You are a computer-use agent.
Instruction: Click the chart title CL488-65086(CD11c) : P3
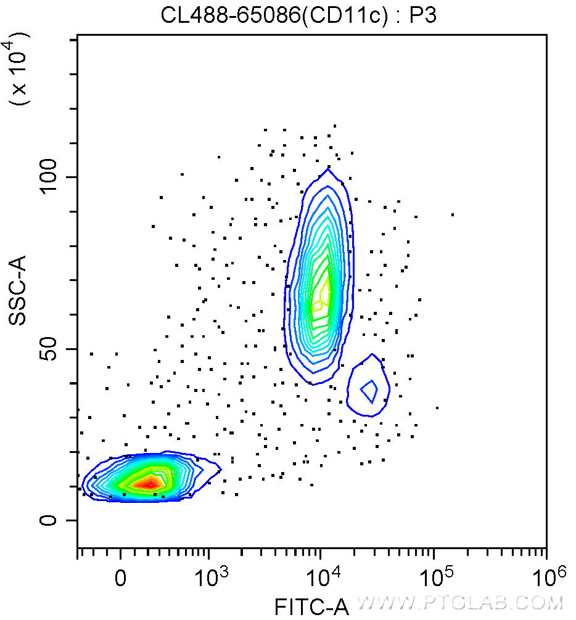tap(299, 15)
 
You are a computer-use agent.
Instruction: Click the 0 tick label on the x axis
tap(121, 579)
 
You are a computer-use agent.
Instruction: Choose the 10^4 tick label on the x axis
tap(321, 577)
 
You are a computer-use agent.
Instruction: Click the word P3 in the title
tap(424, 15)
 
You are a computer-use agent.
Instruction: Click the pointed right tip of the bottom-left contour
tap(220, 470)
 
